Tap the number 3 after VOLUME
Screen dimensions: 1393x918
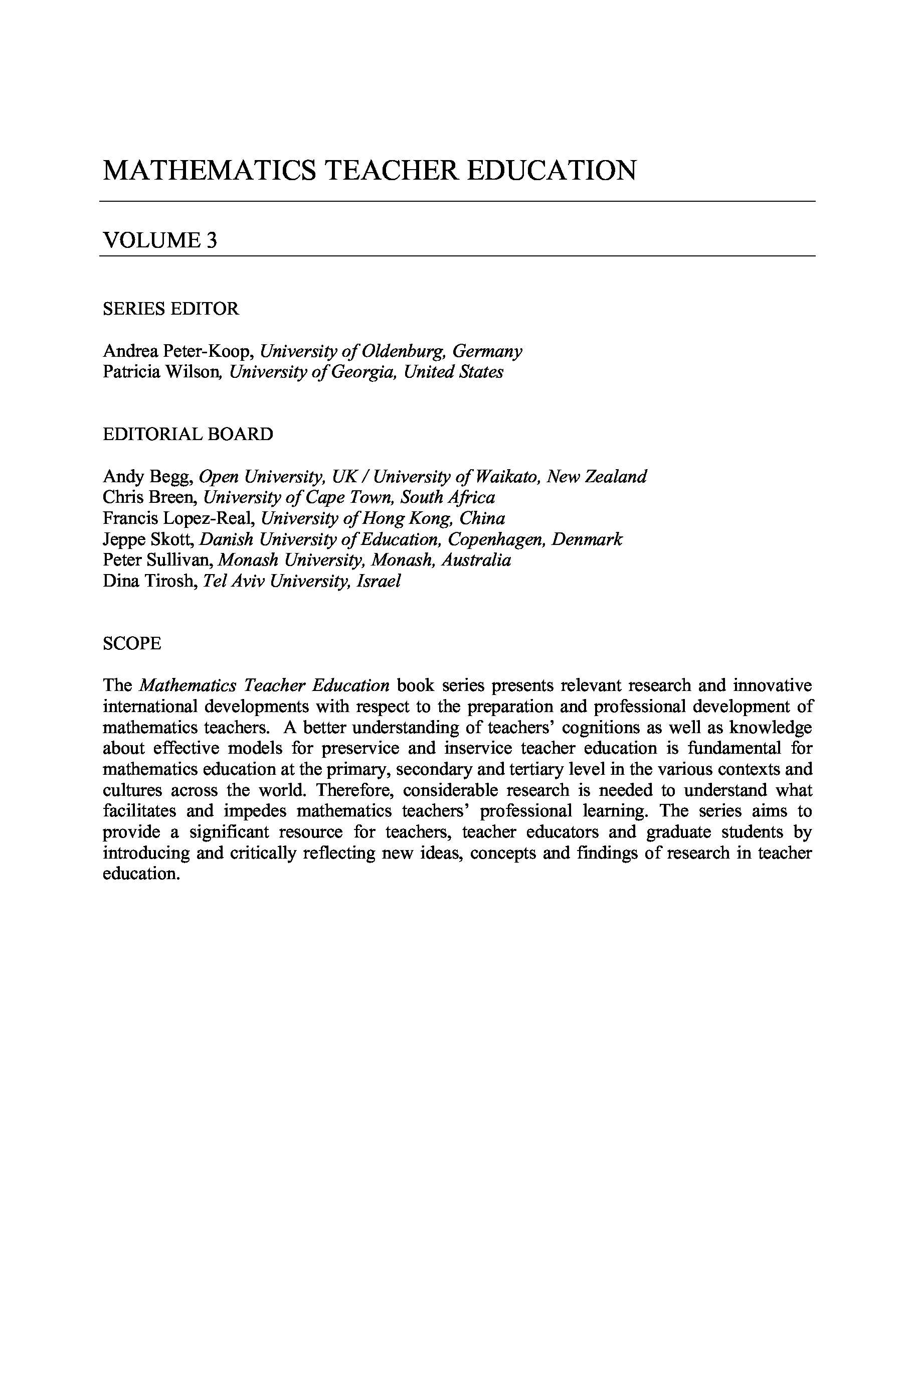tap(212, 240)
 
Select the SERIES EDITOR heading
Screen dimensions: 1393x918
tap(170, 309)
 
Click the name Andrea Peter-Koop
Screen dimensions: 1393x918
tap(177, 351)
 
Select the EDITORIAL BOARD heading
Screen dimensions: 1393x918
tap(188, 434)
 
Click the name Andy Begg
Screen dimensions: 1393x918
tap(147, 477)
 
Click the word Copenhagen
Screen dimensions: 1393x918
tap(496, 539)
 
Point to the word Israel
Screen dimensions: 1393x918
tap(382, 581)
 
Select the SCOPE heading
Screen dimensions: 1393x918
tap(132, 643)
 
